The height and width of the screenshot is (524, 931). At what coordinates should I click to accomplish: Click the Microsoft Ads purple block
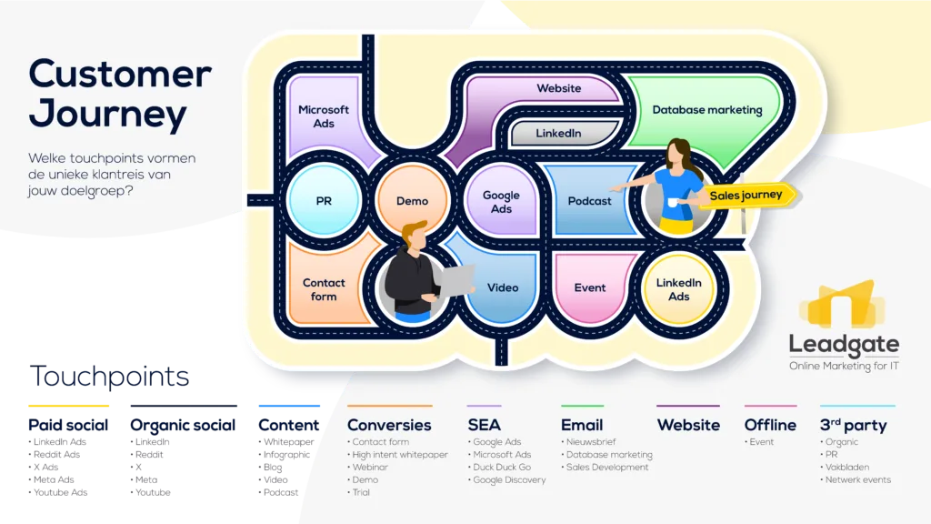pyautogui.click(x=324, y=117)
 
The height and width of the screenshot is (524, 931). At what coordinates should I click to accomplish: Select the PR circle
pyautogui.click(x=324, y=201)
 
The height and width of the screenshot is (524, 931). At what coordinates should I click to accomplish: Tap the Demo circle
pyautogui.click(x=412, y=201)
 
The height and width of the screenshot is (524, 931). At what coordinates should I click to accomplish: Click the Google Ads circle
pyautogui.click(x=501, y=201)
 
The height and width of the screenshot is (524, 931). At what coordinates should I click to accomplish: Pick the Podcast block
pyautogui.click(x=589, y=201)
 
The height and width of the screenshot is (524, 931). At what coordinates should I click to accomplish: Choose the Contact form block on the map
pyautogui.click(x=324, y=289)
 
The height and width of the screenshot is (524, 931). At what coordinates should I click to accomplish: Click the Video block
pyautogui.click(x=502, y=288)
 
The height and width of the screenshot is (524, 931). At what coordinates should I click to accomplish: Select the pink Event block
pyautogui.click(x=590, y=287)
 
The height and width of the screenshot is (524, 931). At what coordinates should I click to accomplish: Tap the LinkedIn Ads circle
pyautogui.click(x=678, y=289)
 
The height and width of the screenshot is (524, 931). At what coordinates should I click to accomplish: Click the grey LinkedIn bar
pyautogui.click(x=558, y=134)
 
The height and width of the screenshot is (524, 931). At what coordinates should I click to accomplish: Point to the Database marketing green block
pyautogui.click(x=707, y=110)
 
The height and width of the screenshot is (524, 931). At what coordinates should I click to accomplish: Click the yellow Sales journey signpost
pyautogui.click(x=747, y=196)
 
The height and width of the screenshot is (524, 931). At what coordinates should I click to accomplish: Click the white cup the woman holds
pyautogui.click(x=672, y=201)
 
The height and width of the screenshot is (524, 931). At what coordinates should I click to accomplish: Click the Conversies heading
pyautogui.click(x=389, y=425)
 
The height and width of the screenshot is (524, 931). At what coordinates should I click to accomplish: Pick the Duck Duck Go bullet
pyautogui.click(x=502, y=468)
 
